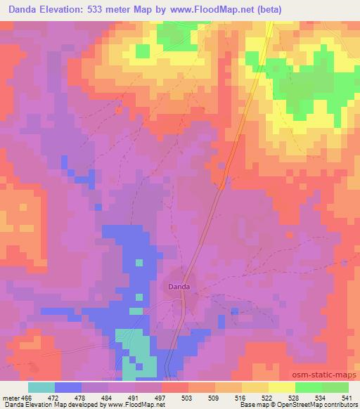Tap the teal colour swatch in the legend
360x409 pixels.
click(x=41, y=387)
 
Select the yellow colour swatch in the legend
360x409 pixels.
click(x=282, y=387)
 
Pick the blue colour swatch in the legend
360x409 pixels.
click(x=68, y=387)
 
